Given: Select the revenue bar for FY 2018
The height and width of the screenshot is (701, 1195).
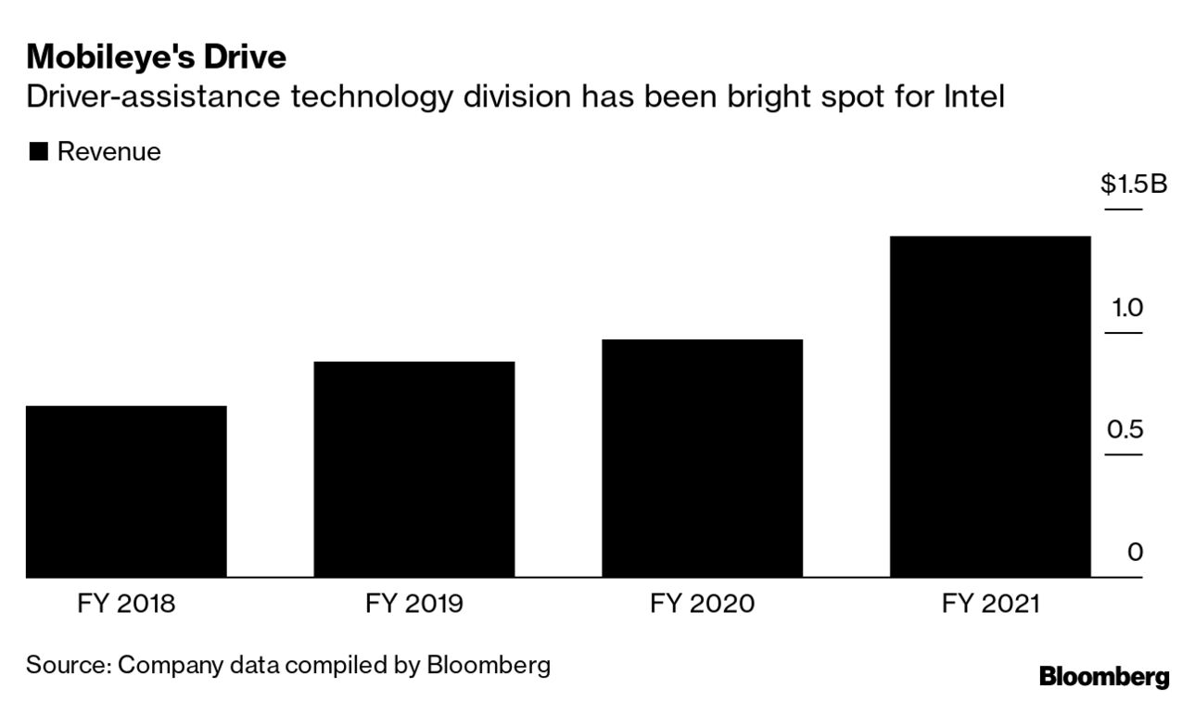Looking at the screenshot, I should [x=126, y=491].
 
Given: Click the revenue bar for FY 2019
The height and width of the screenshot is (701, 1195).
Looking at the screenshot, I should [x=414, y=469].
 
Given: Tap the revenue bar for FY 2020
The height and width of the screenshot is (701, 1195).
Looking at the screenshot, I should [x=702, y=458].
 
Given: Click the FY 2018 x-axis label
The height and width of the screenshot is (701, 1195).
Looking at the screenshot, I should [x=126, y=605].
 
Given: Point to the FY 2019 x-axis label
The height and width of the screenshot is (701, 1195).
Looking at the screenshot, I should [x=414, y=605].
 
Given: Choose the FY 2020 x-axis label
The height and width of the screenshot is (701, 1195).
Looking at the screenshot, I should [x=702, y=605].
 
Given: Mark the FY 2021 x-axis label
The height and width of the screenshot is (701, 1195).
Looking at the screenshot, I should [x=990, y=605].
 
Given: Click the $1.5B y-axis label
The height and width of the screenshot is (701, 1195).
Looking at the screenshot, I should [x=1133, y=185].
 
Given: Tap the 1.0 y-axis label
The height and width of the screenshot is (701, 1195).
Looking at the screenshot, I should [x=1127, y=308].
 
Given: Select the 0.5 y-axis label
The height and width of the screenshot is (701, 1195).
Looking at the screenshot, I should [x=1125, y=430].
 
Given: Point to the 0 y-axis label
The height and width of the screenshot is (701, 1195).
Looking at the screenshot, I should [x=1135, y=553].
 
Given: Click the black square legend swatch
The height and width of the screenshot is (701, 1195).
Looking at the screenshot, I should [x=38, y=152].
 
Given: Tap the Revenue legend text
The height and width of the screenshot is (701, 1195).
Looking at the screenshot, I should [x=108, y=152].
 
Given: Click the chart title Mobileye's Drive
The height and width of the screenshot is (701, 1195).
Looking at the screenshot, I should [x=156, y=57].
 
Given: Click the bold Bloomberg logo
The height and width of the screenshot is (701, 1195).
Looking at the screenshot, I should [x=1103, y=677].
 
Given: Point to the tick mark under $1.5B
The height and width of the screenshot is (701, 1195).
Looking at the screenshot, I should [x=1124, y=210].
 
